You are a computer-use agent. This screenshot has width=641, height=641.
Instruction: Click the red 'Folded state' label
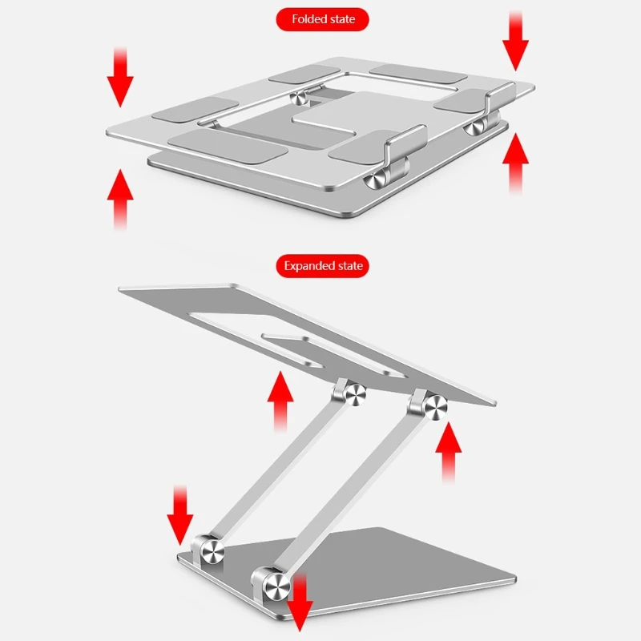(x=323, y=19)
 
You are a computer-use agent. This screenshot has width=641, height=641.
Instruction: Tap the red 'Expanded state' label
(x=323, y=266)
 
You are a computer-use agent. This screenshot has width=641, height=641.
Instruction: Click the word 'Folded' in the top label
(x=308, y=19)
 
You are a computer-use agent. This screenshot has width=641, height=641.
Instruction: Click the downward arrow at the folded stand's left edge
(x=120, y=77)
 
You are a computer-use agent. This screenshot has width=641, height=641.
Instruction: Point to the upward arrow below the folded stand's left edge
(x=120, y=200)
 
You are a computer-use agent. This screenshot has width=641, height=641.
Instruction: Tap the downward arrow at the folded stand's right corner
(x=515, y=41)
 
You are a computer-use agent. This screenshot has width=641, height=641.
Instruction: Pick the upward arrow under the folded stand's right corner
(x=515, y=163)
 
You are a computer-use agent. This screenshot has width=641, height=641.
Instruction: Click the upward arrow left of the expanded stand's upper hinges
(x=280, y=401)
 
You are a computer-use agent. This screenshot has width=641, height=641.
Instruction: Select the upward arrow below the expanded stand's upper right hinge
(x=449, y=453)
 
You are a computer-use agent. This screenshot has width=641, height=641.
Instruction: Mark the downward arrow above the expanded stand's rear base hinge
(x=179, y=515)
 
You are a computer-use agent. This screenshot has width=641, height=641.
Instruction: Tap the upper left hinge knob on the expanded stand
(x=355, y=394)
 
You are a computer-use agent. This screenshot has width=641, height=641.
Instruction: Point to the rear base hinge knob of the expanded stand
(x=212, y=551)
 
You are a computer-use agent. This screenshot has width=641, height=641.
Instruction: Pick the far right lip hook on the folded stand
(x=500, y=98)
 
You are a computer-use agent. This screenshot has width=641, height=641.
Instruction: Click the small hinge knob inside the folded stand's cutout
(x=299, y=98)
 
